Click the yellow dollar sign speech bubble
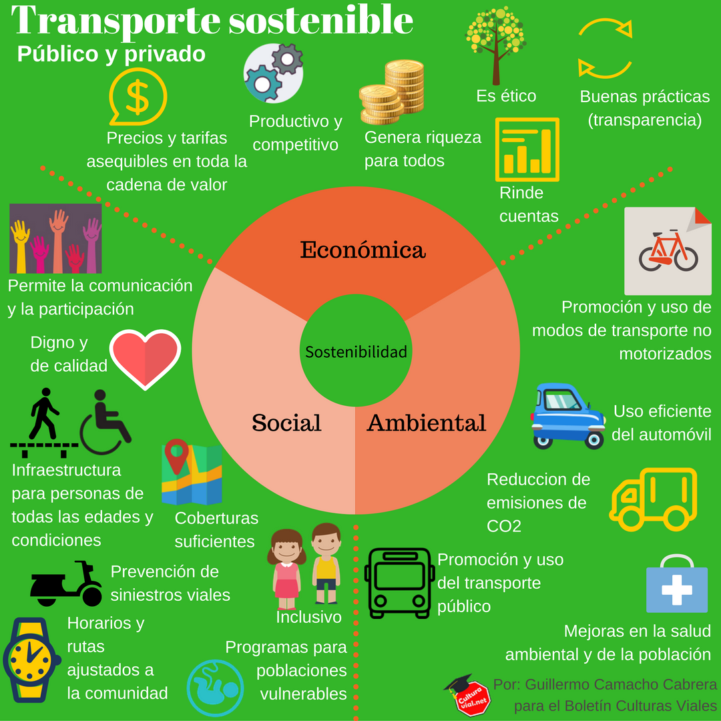tap(138, 97)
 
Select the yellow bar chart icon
tap(527, 150)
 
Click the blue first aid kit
tap(676, 585)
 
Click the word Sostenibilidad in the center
tap(356, 352)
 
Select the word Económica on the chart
tap(363, 250)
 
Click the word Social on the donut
tap(286, 423)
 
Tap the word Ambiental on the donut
tap(427, 423)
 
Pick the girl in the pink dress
tap(287, 568)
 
